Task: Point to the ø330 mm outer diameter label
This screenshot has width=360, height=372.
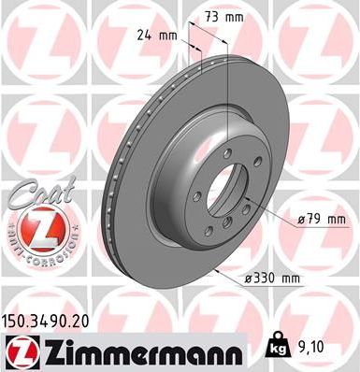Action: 272,279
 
